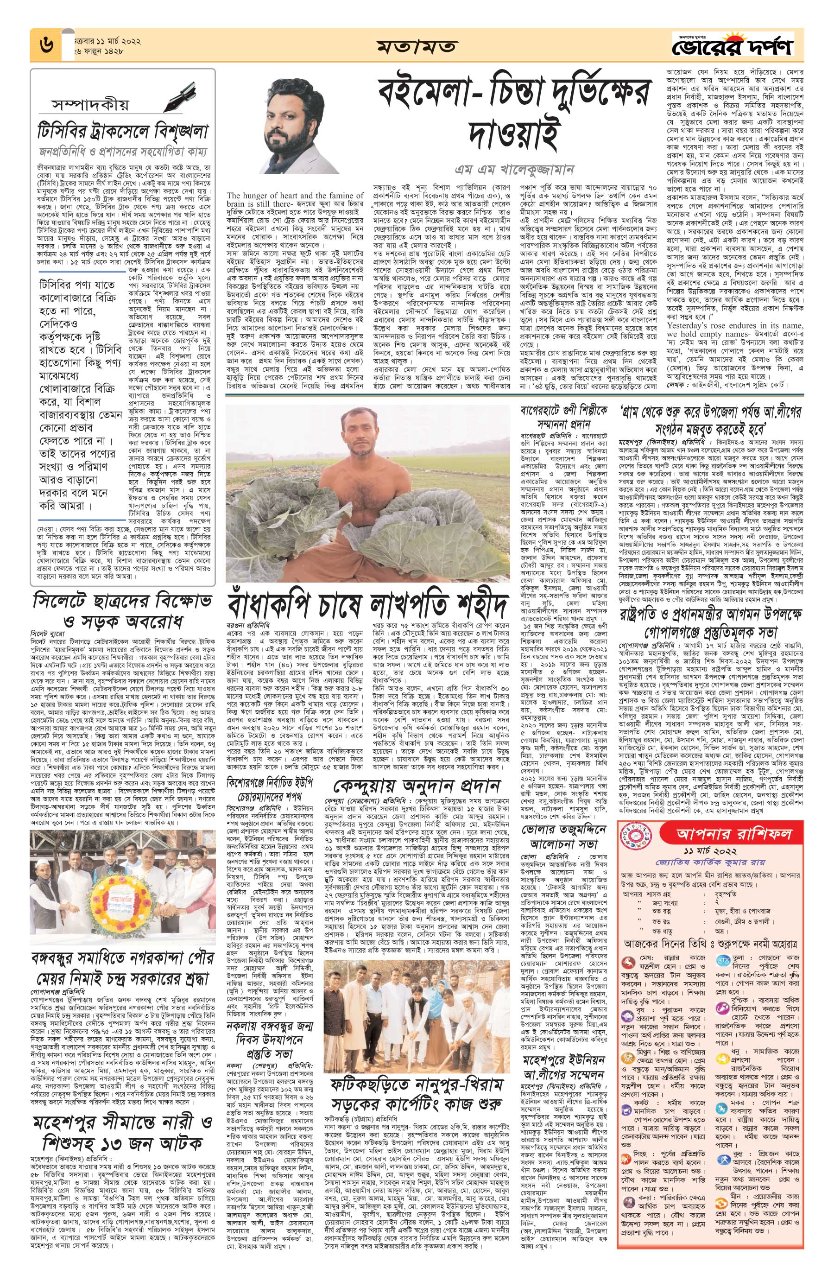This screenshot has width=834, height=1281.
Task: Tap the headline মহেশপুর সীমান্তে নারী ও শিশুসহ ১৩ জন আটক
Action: [x=122, y=1118]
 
